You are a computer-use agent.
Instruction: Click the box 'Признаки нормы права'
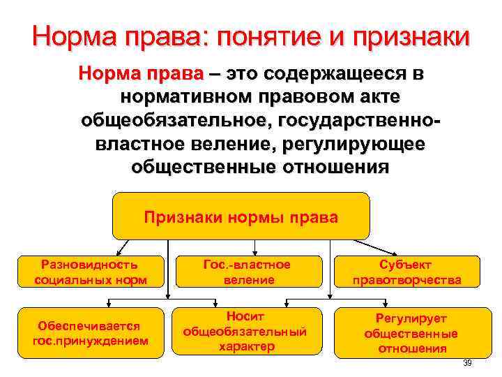[241, 216]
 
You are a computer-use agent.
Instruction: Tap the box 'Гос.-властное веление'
[248, 272]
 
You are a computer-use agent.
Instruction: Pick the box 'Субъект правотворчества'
[406, 272]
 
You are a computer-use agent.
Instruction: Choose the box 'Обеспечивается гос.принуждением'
[91, 333]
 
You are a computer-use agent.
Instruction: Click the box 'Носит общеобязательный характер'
[248, 332]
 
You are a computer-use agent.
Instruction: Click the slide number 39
[467, 363]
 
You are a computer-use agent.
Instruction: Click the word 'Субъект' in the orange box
[406, 265]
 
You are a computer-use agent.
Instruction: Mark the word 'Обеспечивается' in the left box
[91, 326]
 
